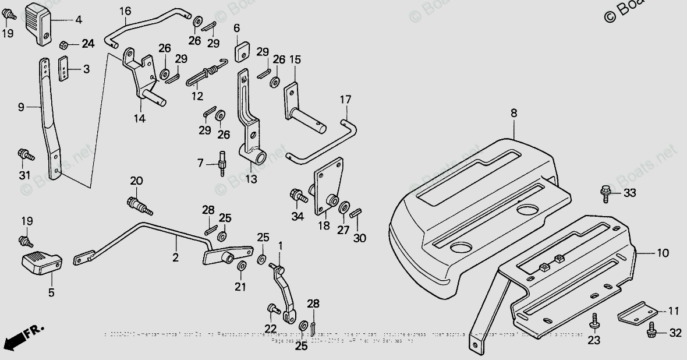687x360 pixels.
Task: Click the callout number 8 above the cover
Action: [x=514, y=114]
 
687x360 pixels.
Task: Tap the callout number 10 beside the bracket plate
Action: [x=663, y=253]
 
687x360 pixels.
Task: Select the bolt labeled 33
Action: [x=605, y=192]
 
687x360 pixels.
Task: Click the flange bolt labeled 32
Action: [x=652, y=332]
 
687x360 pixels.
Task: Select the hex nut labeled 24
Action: [x=65, y=44]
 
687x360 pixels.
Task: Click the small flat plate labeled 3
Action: [x=66, y=70]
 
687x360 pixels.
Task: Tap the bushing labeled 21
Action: [x=241, y=267]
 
